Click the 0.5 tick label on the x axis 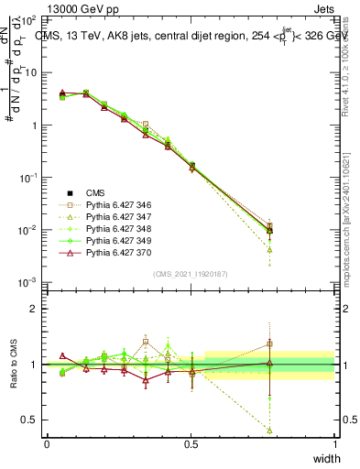click(191, 444)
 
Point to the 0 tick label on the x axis click(47, 444)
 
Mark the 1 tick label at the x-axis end click(334, 444)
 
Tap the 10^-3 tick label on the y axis click(27, 282)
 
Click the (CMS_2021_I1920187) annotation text click(191, 274)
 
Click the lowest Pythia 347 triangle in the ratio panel click(269, 430)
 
